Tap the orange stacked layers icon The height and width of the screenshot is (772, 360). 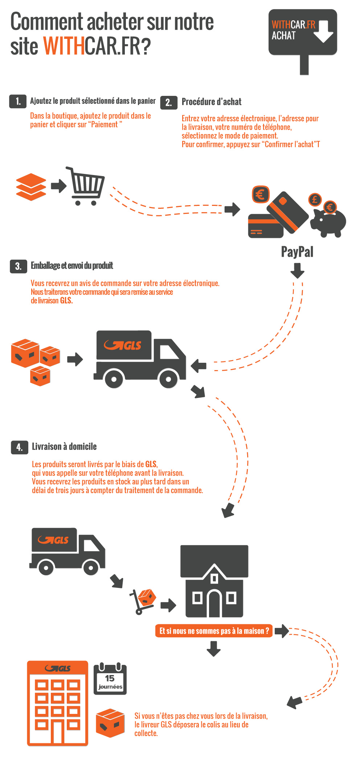point(31,187)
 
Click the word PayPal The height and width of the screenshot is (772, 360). point(297,252)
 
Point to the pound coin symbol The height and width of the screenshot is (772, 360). point(315,199)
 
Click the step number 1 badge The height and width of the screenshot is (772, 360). point(18,101)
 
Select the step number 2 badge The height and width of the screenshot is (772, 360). point(169,102)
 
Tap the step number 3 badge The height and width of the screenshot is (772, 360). point(18,266)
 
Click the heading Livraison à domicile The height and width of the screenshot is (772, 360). point(64,447)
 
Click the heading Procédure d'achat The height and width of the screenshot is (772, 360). point(211,102)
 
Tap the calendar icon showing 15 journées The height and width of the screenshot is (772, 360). point(110,679)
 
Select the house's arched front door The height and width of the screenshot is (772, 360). point(214,604)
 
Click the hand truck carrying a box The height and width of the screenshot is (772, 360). point(143,601)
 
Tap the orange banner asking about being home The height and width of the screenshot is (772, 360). point(214,631)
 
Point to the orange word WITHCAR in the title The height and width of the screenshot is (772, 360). point(64,46)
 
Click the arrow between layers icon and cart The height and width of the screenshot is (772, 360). point(58,186)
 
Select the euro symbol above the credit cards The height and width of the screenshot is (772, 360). point(260,195)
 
